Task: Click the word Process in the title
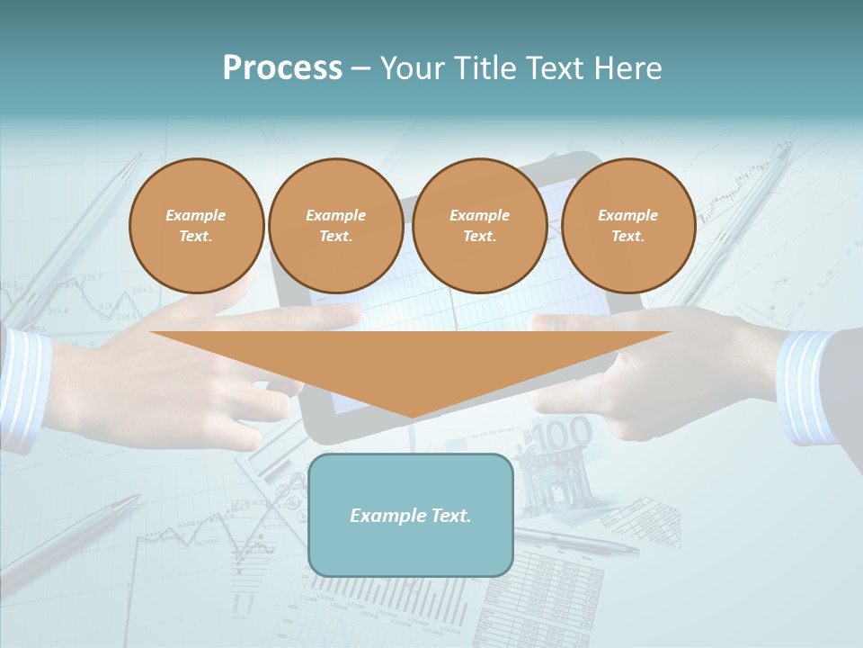[282, 68]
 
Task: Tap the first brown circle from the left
[196, 225]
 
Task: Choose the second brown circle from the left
[335, 225]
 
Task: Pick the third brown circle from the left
[479, 225]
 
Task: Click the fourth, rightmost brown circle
[627, 225]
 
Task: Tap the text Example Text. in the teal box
[411, 516]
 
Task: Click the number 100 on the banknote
[565, 434]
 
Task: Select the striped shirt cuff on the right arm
[805, 387]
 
